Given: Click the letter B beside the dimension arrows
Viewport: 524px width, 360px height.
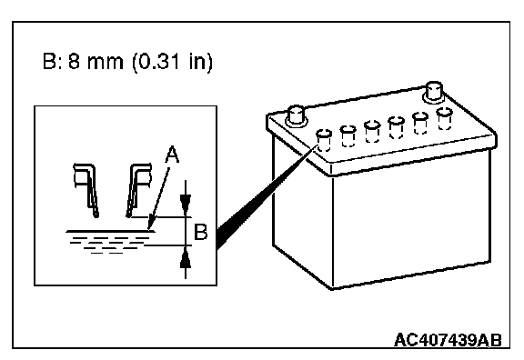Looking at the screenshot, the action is pos(200,232).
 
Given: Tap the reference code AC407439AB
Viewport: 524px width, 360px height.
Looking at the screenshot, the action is pos(448,340).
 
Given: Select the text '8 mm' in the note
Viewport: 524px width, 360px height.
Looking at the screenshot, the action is pos(96,62).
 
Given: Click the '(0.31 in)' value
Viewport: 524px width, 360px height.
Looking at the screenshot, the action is pos(172,62).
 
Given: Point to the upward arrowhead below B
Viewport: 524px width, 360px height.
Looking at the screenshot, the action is pos(186,259).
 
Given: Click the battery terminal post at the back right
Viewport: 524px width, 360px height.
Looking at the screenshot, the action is pos(433,91).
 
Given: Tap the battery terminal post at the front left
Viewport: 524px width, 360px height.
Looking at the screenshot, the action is pos(296,115).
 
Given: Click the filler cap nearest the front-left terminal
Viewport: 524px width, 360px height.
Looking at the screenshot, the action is pos(324,140).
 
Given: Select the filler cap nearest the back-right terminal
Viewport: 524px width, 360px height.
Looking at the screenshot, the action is pos(445,118).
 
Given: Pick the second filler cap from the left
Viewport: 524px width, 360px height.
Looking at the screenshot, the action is pos(348,135).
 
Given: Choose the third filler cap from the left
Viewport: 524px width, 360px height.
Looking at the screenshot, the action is pos(372,131).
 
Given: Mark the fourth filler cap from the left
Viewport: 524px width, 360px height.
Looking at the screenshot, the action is pos(396,127).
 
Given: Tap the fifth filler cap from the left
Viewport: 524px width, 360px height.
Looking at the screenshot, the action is pos(420,123).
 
